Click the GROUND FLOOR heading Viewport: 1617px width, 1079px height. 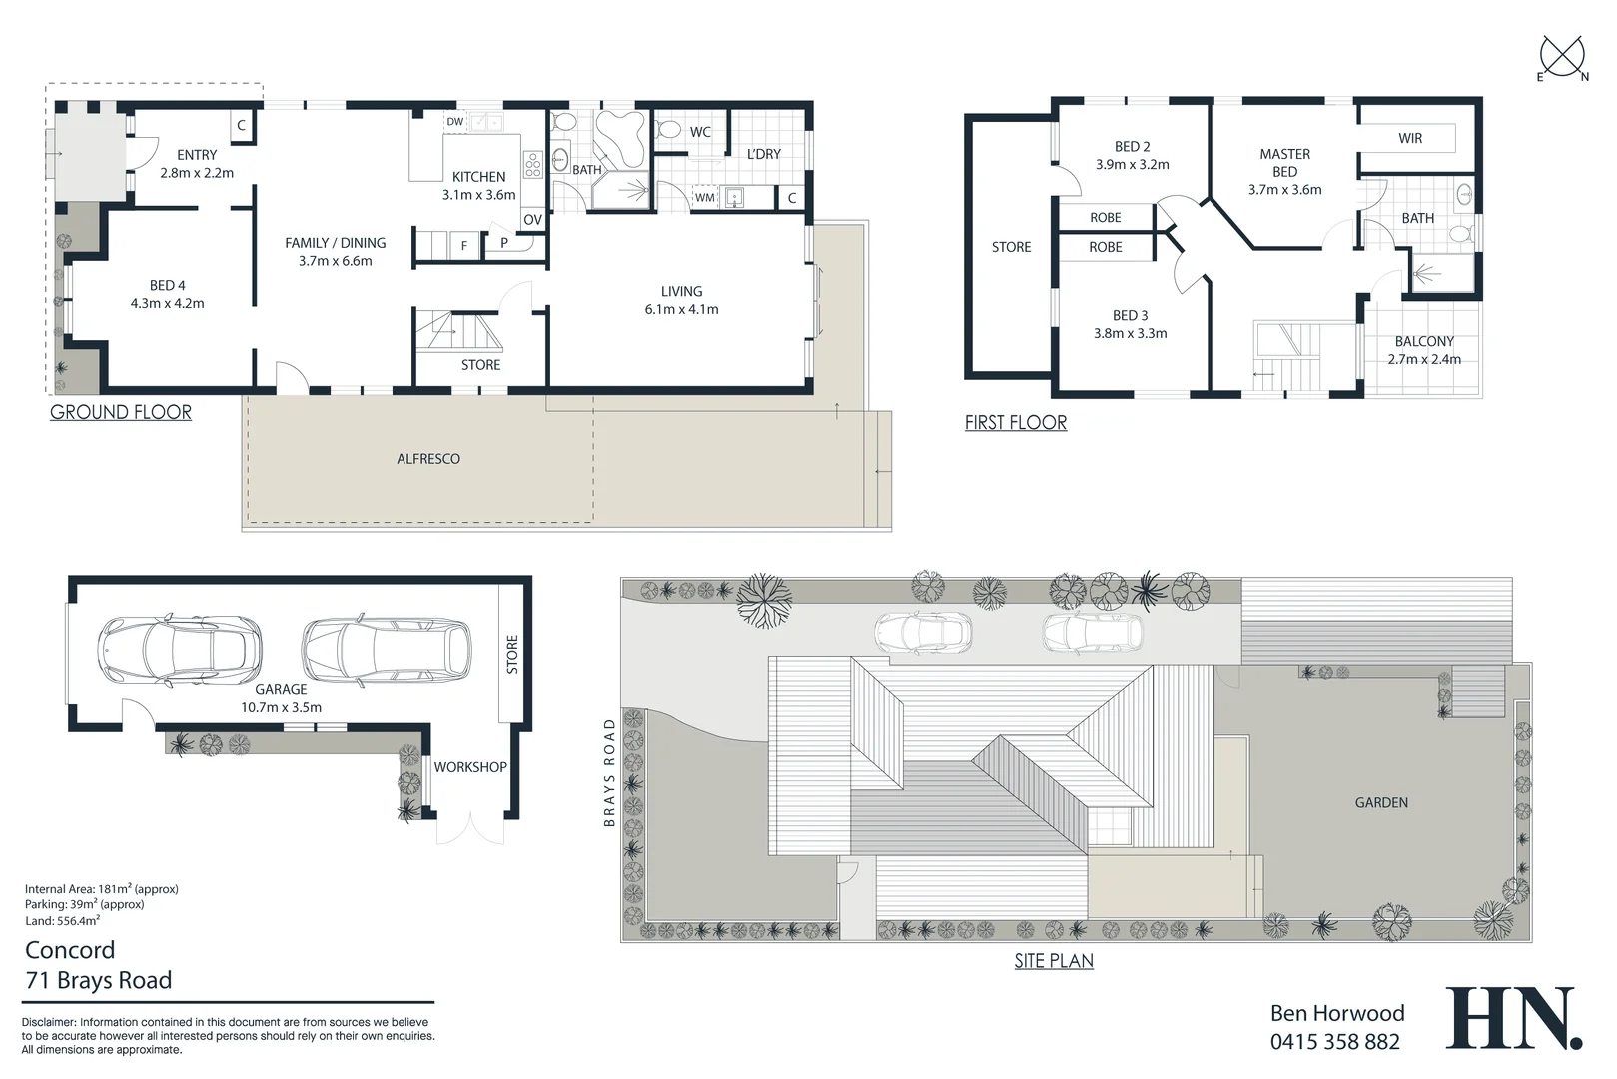121,412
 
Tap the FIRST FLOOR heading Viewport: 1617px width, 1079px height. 1015,423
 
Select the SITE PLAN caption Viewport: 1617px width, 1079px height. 1054,961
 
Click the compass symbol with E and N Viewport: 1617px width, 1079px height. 1563,58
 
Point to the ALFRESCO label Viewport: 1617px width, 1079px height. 428,459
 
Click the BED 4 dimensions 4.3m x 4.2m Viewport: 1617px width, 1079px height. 167,303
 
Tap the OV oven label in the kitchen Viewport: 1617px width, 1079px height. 532,220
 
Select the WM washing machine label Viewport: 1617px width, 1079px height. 705,198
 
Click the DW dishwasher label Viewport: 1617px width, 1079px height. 455,122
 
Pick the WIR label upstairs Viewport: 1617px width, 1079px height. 1410,138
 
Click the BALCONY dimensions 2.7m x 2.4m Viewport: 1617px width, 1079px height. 1424,359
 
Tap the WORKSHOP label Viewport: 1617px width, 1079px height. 470,767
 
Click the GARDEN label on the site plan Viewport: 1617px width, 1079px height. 1381,802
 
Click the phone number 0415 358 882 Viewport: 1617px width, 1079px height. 1334,1042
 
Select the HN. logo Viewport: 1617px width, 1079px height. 1513,1018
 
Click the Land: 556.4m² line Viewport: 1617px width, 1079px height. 62,921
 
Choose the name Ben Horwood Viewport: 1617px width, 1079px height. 1336,1013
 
